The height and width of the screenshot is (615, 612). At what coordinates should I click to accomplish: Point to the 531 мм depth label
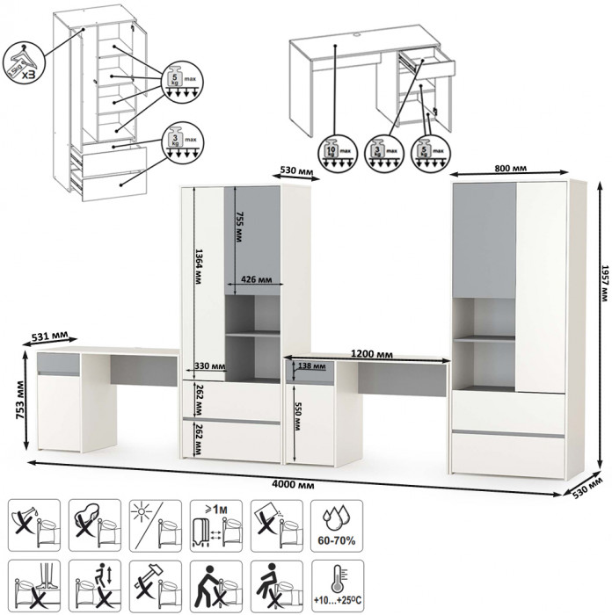47,335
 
